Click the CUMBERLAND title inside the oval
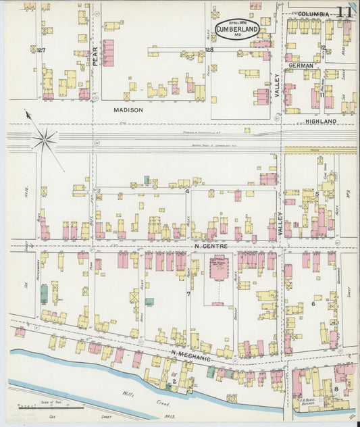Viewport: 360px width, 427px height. pos(236,29)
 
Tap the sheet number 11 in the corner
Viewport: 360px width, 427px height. pos(344,12)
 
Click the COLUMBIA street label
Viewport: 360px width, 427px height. pos(313,14)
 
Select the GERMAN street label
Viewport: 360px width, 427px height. pos(301,66)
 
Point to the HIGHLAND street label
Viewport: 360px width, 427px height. pos(321,122)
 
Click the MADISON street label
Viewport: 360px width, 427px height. pos(128,109)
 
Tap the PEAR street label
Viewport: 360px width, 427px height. pos(95,61)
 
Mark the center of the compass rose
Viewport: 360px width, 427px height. pos(45,140)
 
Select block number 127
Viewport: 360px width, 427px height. pos(41,51)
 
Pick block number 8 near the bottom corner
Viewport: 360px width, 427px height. pos(336,389)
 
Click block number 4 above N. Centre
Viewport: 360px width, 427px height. pos(186,191)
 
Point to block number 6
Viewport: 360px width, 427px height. pos(313,304)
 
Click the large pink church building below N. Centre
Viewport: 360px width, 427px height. pos(217,270)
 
